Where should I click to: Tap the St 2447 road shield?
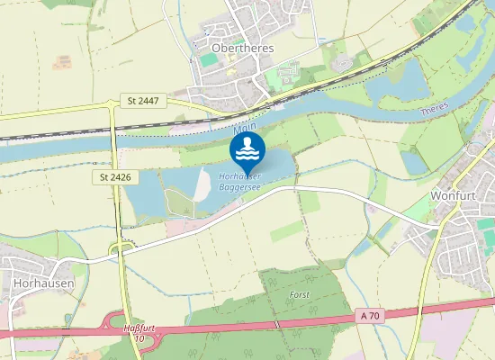(x=142, y=100)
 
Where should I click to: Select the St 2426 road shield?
(x=116, y=177)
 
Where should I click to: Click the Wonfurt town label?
(x=453, y=195)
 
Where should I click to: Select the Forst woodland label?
(x=299, y=294)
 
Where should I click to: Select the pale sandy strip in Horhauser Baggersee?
(x=203, y=184)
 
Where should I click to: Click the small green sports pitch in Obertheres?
(x=209, y=59)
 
